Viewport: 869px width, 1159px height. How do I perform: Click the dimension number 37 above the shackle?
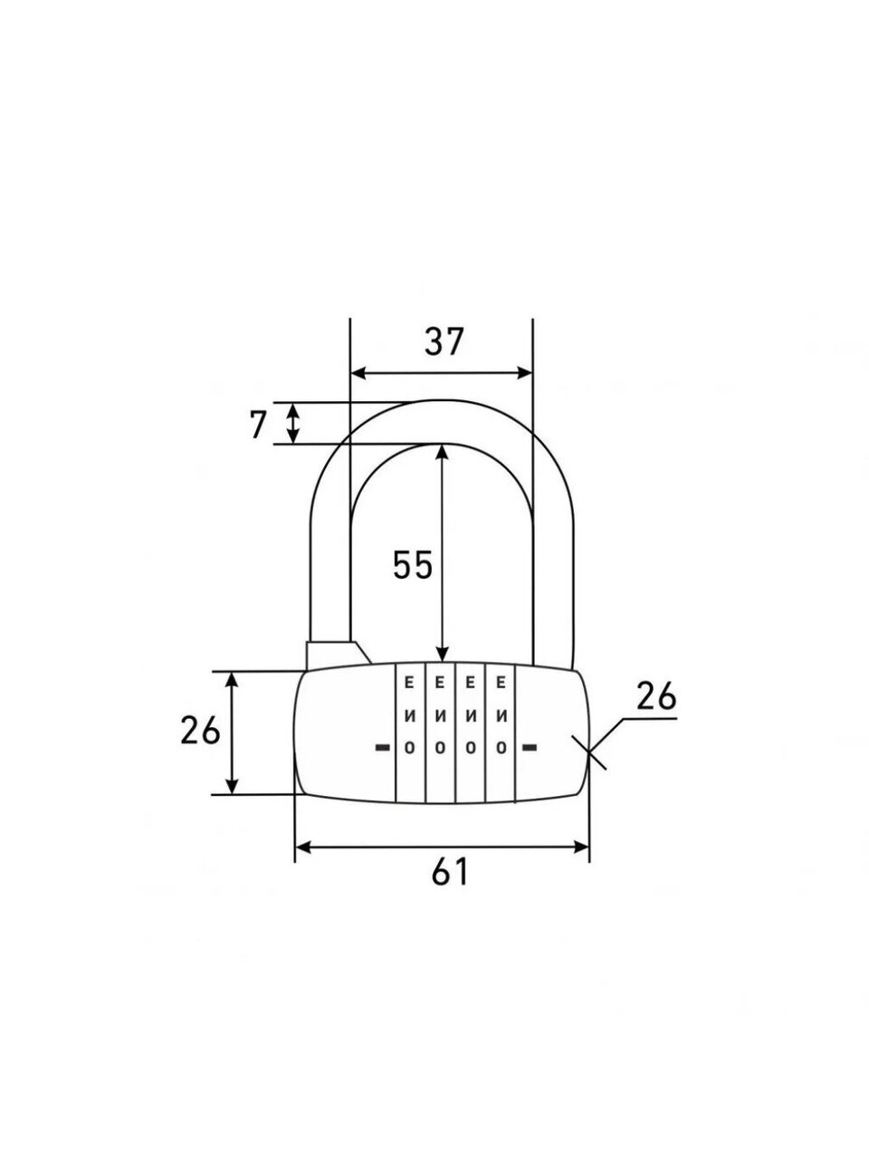pos(444,341)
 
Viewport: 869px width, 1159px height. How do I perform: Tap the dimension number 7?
pos(257,426)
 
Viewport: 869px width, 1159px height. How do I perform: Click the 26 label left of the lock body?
pos(200,732)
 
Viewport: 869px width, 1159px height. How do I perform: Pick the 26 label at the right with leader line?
pos(656,696)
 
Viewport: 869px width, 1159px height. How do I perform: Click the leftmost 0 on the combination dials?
pos(409,747)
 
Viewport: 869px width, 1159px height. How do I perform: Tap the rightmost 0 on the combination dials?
pos(501,747)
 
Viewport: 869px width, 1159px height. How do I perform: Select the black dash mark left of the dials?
pos(382,747)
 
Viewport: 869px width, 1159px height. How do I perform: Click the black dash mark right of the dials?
pos(530,747)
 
